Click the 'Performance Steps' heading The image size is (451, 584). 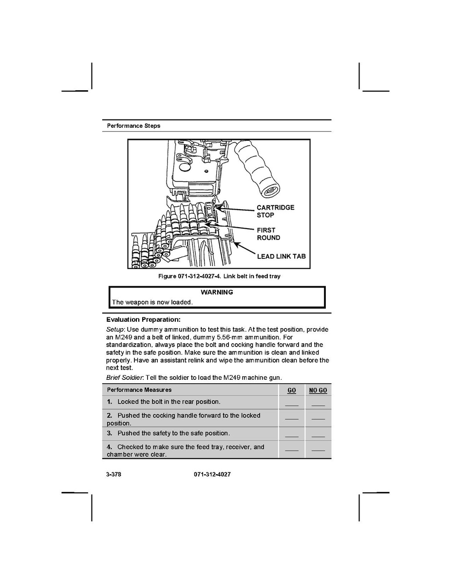pyautogui.click(x=133, y=126)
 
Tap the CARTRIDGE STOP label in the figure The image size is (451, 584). pyautogui.click(x=275, y=211)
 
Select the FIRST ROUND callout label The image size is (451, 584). pyautogui.click(x=268, y=234)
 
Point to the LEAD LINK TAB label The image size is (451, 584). pyautogui.click(x=281, y=256)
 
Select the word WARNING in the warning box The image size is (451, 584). pyautogui.click(x=217, y=292)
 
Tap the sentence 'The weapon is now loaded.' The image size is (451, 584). pyautogui.click(x=152, y=302)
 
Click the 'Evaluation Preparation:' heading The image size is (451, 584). pyautogui.click(x=143, y=320)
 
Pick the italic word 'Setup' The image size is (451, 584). pyautogui.click(x=115, y=330)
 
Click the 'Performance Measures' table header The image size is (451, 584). pyautogui.click(x=139, y=390)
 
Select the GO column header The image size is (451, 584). pyautogui.click(x=292, y=390)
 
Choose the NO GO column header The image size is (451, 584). pyautogui.click(x=318, y=390)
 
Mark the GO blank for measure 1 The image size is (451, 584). pyautogui.click(x=292, y=404)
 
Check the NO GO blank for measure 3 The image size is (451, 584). pyautogui.click(x=318, y=435)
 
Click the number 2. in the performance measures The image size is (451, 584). pyautogui.click(x=110, y=416)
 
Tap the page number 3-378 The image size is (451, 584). pyautogui.click(x=113, y=474)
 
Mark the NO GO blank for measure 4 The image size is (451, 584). pyautogui.click(x=318, y=449)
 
